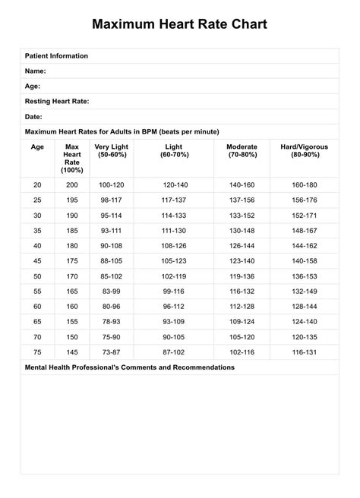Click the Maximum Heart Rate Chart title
pyautogui.click(x=179, y=24)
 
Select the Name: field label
pyautogui.click(x=36, y=70)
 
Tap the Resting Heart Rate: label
pyautogui.click(x=57, y=100)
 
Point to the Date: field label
pyautogui.click(x=33, y=116)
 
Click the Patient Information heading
pyautogui.click(x=56, y=55)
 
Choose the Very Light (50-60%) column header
pyautogui.click(x=111, y=150)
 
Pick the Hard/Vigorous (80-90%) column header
pyautogui.click(x=305, y=150)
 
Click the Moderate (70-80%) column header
pyautogui.click(x=242, y=150)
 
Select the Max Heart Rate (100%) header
pyautogui.click(x=72, y=158)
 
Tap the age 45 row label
pyautogui.click(x=37, y=260)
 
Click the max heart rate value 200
pyautogui.click(x=72, y=184)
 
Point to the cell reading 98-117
pyautogui.click(x=111, y=200)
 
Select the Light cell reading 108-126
pyautogui.click(x=174, y=245)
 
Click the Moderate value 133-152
pyautogui.click(x=242, y=215)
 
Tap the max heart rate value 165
pyautogui.click(x=72, y=291)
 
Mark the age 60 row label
pyautogui.click(x=37, y=306)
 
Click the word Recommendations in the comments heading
pyautogui.click(x=194, y=367)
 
